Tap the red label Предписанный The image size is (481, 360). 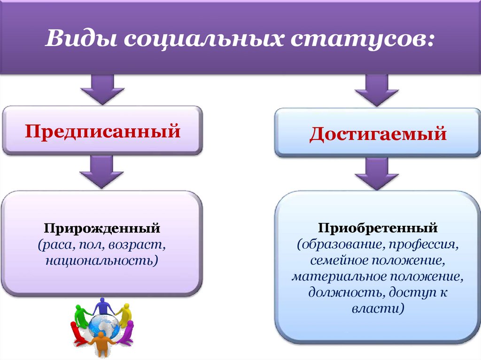[x=102, y=130]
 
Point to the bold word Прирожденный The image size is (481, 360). [x=102, y=229]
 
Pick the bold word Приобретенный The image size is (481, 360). [x=378, y=229]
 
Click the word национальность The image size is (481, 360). [x=101, y=260]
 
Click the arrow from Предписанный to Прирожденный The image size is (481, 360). [x=102, y=172]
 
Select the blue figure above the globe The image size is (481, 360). [x=102, y=306]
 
